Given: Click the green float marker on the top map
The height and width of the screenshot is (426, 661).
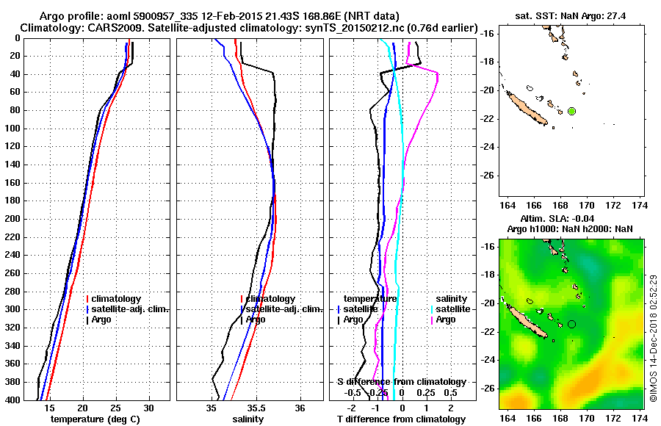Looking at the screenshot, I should pos(571,111).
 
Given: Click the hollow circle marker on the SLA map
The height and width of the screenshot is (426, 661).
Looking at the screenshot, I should pos(571,324).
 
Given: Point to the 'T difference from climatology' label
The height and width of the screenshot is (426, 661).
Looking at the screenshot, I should pos(400,419).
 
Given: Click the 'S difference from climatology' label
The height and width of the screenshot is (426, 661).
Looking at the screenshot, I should pos(401,382).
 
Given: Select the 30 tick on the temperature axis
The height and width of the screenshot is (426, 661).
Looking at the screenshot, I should pos(148,408).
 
